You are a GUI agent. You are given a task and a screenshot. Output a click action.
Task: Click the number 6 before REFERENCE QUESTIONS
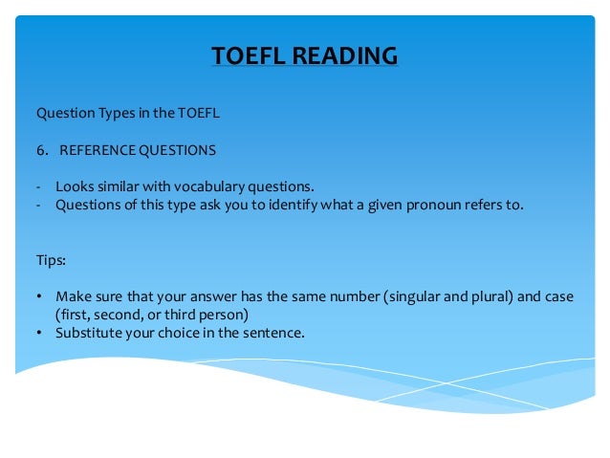coord(40,150)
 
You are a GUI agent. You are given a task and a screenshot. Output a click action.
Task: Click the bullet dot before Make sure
coord(39,296)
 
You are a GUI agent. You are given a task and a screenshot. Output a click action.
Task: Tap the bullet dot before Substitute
coord(39,333)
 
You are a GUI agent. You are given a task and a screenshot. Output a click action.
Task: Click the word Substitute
coord(88,333)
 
